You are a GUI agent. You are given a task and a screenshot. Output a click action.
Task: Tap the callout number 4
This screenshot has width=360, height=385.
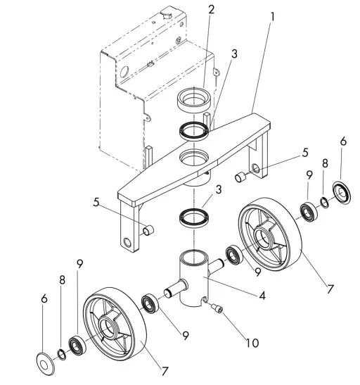[262, 297]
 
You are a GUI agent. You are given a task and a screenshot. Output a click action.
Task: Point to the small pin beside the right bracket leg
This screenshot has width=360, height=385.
[240, 175]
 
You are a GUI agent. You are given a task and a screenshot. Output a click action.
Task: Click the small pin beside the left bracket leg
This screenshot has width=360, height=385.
[148, 230]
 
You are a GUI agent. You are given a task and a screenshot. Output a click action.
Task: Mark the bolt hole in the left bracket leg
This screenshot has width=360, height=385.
[126, 244]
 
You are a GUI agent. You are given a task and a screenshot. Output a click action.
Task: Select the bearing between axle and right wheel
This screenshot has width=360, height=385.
[233, 254]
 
